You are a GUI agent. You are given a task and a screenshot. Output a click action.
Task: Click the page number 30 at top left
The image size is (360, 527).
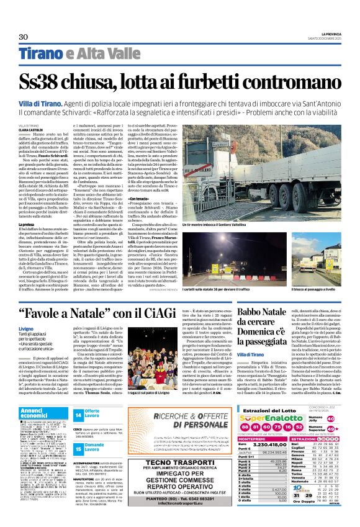tap(23, 37)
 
